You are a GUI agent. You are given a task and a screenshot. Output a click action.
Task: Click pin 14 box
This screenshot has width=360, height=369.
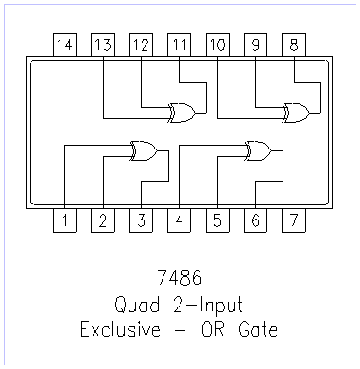63,44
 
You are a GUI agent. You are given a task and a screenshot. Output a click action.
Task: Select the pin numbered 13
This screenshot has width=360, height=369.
102,44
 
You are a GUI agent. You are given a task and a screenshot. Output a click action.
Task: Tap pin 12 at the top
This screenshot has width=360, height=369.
141,44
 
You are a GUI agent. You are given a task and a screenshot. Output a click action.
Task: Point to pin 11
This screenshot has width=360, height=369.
180,44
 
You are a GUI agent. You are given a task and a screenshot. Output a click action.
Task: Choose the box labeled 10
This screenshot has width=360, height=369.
217,44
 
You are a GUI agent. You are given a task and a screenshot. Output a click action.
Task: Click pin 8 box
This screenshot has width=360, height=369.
295,44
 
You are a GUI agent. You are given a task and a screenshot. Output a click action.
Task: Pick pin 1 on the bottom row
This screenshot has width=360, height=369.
63,221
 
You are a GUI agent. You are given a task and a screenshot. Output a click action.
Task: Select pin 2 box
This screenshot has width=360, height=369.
102,221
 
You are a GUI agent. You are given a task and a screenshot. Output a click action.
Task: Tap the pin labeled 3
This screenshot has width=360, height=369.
141,221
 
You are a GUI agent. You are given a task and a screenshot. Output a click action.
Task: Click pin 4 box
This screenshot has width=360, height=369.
180,221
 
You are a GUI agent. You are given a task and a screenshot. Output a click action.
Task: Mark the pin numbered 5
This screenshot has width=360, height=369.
217,221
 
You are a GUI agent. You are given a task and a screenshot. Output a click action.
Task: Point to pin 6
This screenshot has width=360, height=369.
256,221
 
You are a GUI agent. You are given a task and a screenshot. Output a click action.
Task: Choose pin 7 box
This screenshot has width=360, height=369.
295,221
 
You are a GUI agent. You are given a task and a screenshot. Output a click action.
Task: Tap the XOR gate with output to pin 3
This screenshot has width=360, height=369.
143,150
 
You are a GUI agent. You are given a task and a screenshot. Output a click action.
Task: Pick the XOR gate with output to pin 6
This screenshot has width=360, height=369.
257,150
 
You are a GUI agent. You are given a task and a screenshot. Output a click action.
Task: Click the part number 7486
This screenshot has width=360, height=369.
180,281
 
